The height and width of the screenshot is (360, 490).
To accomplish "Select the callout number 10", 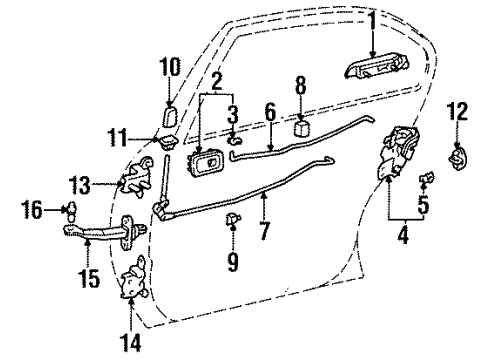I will coord(169,68).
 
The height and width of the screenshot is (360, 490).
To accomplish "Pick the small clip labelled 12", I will coord(459,156).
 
